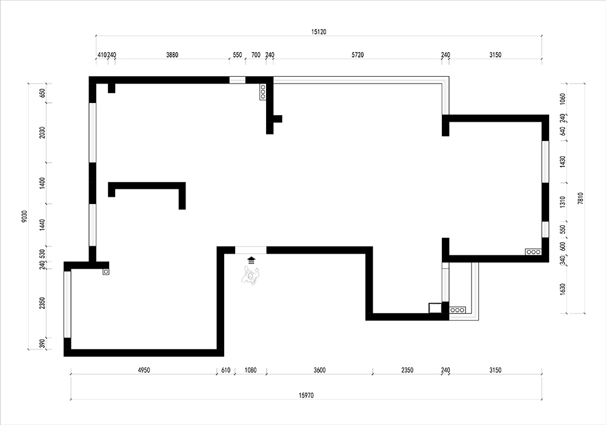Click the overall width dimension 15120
click(319, 32)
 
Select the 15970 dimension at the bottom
click(306, 395)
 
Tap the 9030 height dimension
click(25, 216)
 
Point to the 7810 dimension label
click(581, 199)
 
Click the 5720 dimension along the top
click(358, 55)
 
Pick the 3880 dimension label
click(172, 55)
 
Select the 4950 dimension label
click(144, 370)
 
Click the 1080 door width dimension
click(250, 370)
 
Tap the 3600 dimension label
click(319, 370)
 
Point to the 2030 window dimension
click(42, 133)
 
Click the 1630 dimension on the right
click(562, 289)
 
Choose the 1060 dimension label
click(562, 99)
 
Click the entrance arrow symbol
click(251, 260)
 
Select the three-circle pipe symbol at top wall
click(263, 92)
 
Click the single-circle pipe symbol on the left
click(106, 272)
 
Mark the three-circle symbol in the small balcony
click(458, 310)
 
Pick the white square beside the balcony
click(435, 308)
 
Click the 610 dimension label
click(225, 370)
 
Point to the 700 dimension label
click(256, 55)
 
